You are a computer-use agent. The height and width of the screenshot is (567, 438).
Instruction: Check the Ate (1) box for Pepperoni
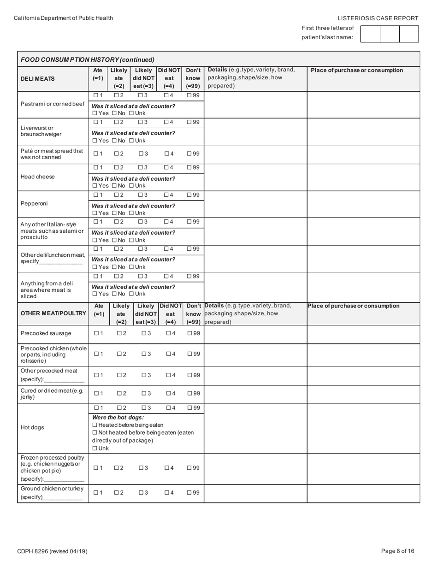point(96,195)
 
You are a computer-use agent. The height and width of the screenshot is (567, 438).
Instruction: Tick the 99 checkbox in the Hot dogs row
point(189,408)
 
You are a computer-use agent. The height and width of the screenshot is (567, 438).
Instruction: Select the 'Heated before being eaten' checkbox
point(95,425)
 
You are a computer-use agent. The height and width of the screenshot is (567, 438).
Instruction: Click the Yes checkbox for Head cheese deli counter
point(95,186)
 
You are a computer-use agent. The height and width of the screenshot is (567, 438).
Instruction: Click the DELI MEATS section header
point(37,79)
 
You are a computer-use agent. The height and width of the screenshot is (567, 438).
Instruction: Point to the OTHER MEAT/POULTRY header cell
point(53,313)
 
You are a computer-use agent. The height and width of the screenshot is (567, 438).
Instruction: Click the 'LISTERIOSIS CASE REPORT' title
point(378,18)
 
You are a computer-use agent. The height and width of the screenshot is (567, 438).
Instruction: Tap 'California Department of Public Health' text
point(63,18)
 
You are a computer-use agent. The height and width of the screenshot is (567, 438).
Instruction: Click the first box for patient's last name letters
point(370,34)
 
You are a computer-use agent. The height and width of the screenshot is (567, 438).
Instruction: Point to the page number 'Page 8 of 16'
point(398,551)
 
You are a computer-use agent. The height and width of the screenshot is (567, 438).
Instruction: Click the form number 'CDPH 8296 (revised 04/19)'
point(52,551)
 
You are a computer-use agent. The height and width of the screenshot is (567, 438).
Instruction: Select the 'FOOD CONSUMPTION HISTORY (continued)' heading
point(88,59)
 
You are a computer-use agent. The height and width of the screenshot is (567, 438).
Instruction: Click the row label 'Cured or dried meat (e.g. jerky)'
point(52,394)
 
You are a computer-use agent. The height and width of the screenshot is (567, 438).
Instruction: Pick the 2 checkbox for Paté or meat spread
point(117,154)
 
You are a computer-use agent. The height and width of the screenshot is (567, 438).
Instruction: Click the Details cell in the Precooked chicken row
point(255,354)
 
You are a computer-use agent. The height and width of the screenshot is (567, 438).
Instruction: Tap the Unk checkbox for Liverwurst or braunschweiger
point(131,141)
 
